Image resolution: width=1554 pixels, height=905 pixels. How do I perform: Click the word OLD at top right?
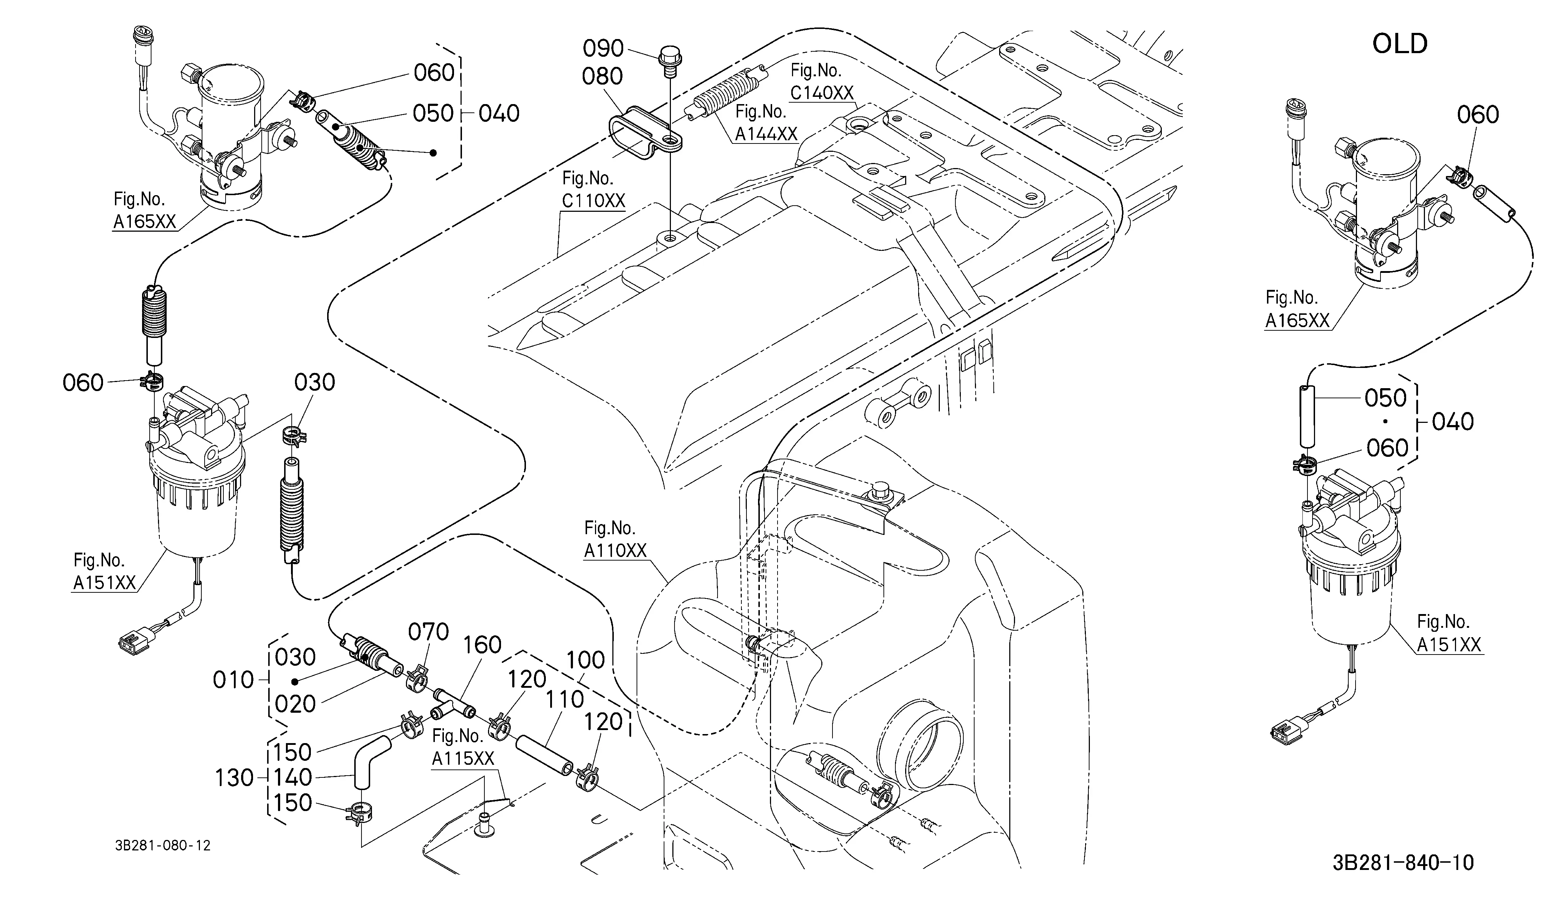(1400, 44)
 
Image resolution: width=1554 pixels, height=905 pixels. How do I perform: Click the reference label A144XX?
(766, 134)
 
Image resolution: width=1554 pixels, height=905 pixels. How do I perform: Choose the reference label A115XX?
(463, 758)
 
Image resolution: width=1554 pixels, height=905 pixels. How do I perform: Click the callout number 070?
(429, 632)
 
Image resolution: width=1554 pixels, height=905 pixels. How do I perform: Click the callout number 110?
(565, 699)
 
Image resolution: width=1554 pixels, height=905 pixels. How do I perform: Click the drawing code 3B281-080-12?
(163, 846)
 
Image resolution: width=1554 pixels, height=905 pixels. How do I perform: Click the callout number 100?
(586, 660)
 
